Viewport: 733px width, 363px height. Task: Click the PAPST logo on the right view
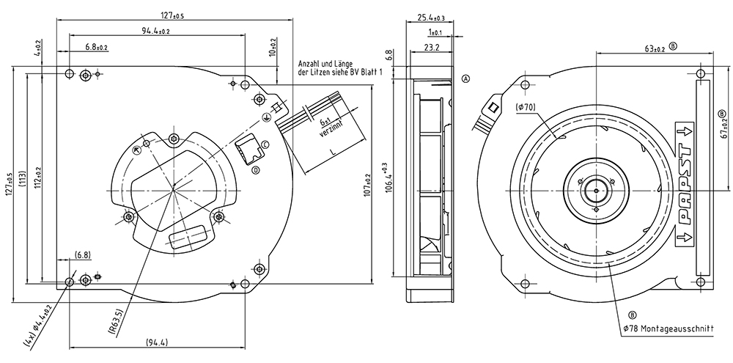[685, 185]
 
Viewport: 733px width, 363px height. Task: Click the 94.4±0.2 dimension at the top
[156, 31]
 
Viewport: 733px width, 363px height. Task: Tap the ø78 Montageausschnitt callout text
[668, 329]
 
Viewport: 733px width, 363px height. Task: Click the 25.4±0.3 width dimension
[431, 18]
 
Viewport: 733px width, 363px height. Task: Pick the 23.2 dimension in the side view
[432, 47]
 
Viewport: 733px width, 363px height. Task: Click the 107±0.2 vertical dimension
[367, 184]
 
